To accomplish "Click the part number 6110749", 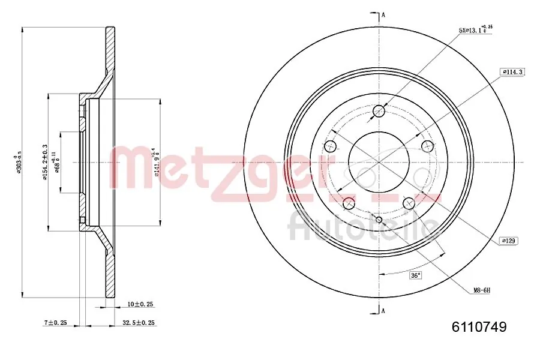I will coord(479,327).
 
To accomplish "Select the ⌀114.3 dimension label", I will coord(512,71).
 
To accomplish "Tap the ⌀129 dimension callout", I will coord(508,241).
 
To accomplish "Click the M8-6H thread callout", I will coord(481,290).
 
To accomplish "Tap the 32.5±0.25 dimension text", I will coord(139,323).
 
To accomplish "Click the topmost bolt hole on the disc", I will coord(379,111).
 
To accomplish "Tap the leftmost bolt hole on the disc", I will coord(330,146).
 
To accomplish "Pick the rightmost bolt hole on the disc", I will coord(427,146).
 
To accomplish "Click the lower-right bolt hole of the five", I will coord(409,203).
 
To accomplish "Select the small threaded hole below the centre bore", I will coord(379,219).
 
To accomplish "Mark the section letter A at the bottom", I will coord(383,310).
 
